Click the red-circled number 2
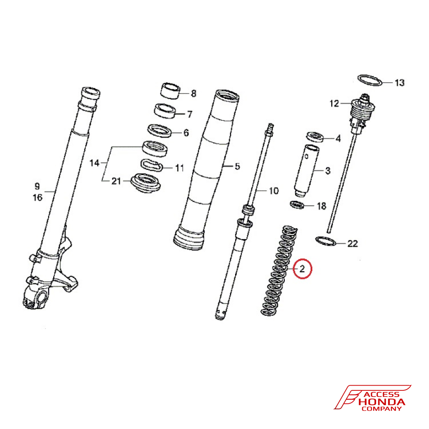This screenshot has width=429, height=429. [302, 269]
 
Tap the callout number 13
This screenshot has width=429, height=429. [399, 83]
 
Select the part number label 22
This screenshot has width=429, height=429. [352, 244]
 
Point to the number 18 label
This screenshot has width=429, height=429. [321, 206]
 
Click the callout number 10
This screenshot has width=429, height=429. [274, 191]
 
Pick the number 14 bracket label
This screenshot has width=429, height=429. [94, 163]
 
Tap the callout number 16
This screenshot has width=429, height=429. [38, 197]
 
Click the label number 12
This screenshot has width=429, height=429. [334, 103]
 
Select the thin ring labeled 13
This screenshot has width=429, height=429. [370, 80]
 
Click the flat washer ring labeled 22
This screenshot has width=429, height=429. [326, 241]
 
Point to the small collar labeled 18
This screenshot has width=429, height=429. [297, 204]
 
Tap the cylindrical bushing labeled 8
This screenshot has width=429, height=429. [170, 90]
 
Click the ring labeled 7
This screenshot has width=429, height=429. [165, 111]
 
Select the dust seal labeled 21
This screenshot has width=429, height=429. [145, 183]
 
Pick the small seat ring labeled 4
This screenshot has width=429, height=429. [315, 137]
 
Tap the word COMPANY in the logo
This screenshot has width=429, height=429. [382, 409]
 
